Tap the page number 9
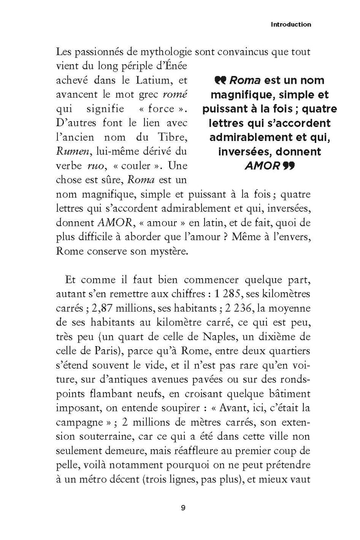click(x=184, y=509)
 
